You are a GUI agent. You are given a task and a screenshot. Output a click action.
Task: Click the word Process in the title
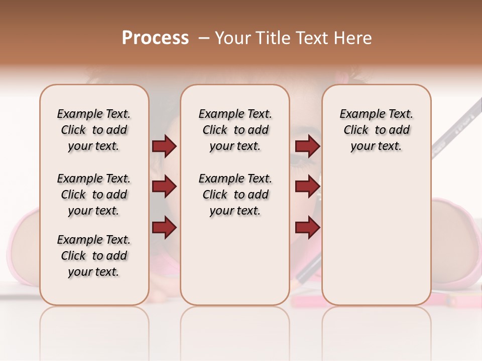(x=155, y=38)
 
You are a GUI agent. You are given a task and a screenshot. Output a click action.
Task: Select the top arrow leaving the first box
(x=164, y=146)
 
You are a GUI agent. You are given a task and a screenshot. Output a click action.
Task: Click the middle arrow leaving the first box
(x=164, y=187)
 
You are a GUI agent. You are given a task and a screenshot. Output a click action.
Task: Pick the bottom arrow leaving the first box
(x=164, y=228)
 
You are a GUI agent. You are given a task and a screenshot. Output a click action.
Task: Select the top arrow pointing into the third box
(x=307, y=146)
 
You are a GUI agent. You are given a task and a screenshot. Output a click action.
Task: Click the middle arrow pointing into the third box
(x=307, y=187)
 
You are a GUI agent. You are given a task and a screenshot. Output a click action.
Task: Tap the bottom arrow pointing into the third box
(x=307, y=228)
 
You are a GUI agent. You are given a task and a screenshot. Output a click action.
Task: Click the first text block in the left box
(x=94, y=130)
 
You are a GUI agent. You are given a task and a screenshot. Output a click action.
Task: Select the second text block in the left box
(x=94, y=195)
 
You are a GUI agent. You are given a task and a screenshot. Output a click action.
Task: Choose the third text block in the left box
(x=94, y=256)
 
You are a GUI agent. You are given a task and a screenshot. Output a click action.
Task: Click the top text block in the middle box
(x=235, y=130)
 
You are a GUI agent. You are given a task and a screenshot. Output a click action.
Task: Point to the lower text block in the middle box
(x=235, y=195)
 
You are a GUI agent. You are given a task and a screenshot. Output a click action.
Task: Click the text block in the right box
(x=377, y=130)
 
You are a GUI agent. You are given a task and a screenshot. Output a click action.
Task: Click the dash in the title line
(x=203, y=38)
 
